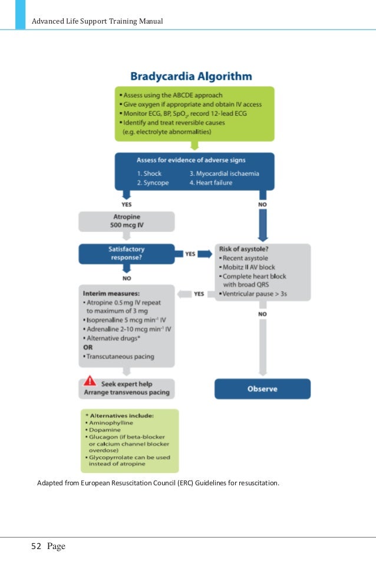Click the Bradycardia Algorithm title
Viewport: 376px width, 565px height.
click(190, 77)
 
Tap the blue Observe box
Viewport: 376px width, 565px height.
click(262, 389)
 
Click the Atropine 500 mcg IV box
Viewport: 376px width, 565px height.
click(126, 221)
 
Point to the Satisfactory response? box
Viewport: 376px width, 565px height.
click(126, 254)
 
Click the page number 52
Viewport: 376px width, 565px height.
click(37, 546)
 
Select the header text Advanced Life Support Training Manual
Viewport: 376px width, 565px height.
click(97, 22)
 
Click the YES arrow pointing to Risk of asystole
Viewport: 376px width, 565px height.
click(197, 254)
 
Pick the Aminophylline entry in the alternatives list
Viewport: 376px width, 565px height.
click(112, 423)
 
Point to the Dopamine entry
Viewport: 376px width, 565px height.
click(106, 432)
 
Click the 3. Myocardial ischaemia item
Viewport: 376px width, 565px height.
click(224, 174)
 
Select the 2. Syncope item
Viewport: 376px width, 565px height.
click(153, 183)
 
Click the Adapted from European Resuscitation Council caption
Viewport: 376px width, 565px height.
click(158, 484)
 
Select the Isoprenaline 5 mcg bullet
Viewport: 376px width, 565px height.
click(126, 321)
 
